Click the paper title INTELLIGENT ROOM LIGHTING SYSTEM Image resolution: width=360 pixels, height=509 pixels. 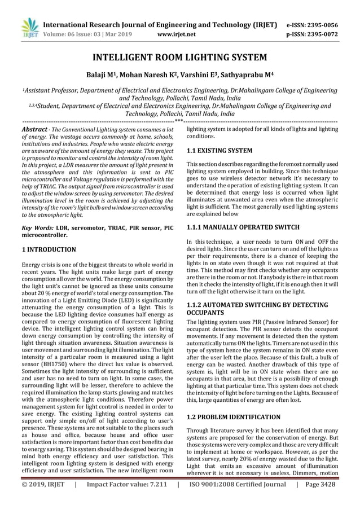coord(180,58)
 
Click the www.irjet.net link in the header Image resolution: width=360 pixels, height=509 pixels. coord(177,35)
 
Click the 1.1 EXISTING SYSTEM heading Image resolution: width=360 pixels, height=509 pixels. coord(219,151)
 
